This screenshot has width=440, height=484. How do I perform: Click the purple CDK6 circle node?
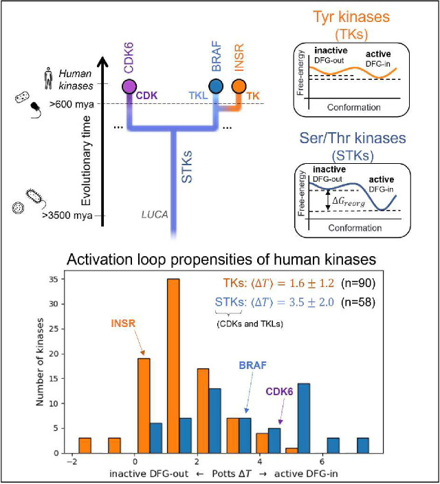pyautogui.click(x=128, y=87)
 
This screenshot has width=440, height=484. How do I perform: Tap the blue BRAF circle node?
pyautogui.click(x=215, y=87)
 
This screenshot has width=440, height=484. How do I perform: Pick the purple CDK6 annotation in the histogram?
pyautogui.click(x=295, y=394)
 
